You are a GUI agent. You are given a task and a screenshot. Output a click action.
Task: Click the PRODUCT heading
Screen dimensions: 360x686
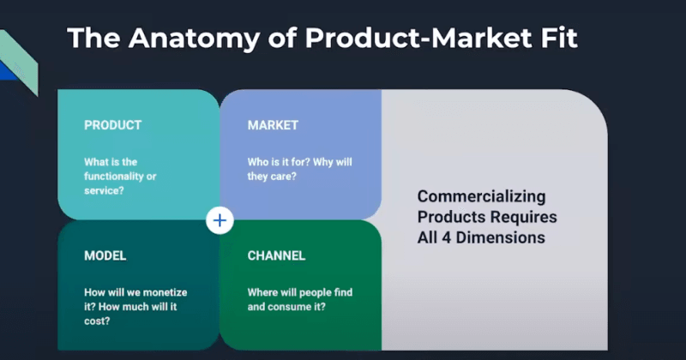(x=112, y=125)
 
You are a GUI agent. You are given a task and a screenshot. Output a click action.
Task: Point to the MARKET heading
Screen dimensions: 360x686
(x=273, y=125)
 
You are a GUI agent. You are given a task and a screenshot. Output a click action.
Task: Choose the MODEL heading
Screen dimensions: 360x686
(x=105, y=256)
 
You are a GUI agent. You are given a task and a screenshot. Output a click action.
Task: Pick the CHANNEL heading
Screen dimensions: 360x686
(x=276, y=256)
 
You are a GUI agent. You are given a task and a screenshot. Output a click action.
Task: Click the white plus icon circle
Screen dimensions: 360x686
(x=220, y=220)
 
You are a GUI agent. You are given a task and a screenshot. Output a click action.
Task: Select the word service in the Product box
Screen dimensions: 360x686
(x=104, y=190)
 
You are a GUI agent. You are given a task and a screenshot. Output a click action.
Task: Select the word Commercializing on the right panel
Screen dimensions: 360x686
(x=474, y=196)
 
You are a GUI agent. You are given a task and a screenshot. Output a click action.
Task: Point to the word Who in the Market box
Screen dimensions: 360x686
(x=260, y=162)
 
